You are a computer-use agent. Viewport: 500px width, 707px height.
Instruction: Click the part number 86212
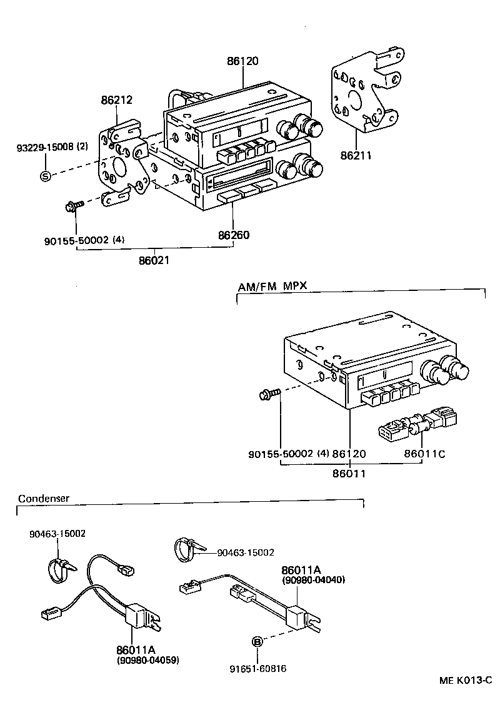117,100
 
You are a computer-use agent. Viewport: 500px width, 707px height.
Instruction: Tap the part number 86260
234,235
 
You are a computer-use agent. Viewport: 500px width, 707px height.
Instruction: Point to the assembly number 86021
154,259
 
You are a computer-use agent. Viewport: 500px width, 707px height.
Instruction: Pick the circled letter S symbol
45,176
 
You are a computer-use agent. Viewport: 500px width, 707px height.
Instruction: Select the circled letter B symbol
256,641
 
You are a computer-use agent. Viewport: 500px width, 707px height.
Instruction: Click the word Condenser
44,499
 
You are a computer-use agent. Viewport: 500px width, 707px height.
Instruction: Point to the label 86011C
426,453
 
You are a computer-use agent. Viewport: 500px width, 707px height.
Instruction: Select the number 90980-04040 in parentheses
314,579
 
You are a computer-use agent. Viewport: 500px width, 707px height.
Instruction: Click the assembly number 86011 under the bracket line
349,474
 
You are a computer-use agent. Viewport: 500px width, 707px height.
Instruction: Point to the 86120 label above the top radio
242,61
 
